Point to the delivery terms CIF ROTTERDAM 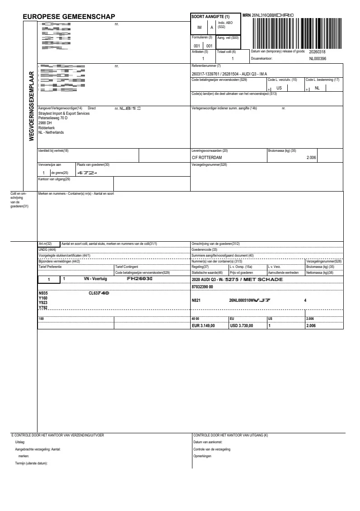pos(210,157)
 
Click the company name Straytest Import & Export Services pos(64,113)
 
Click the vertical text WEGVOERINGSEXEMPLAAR pos(32,106)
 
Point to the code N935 pos(44,293)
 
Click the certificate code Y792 pos(44,308)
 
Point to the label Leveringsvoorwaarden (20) pos(210,150)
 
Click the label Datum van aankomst pos(207,442)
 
